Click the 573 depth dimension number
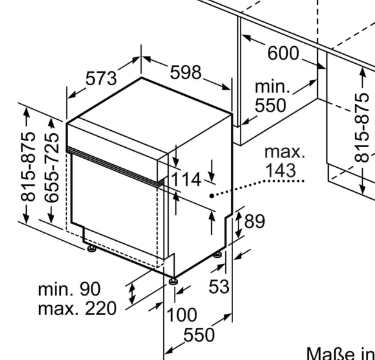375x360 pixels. point(101,78)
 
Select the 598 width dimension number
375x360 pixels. point(186,72)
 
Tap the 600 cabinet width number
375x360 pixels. point(283,53)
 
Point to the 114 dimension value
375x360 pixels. point(186,179)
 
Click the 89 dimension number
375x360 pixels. point(254,221)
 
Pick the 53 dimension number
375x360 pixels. point(219,286)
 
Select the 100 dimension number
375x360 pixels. point(182,314)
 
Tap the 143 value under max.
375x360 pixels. point(281,170)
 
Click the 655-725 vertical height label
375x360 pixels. point(51,168)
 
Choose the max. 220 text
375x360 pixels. point(77,308)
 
